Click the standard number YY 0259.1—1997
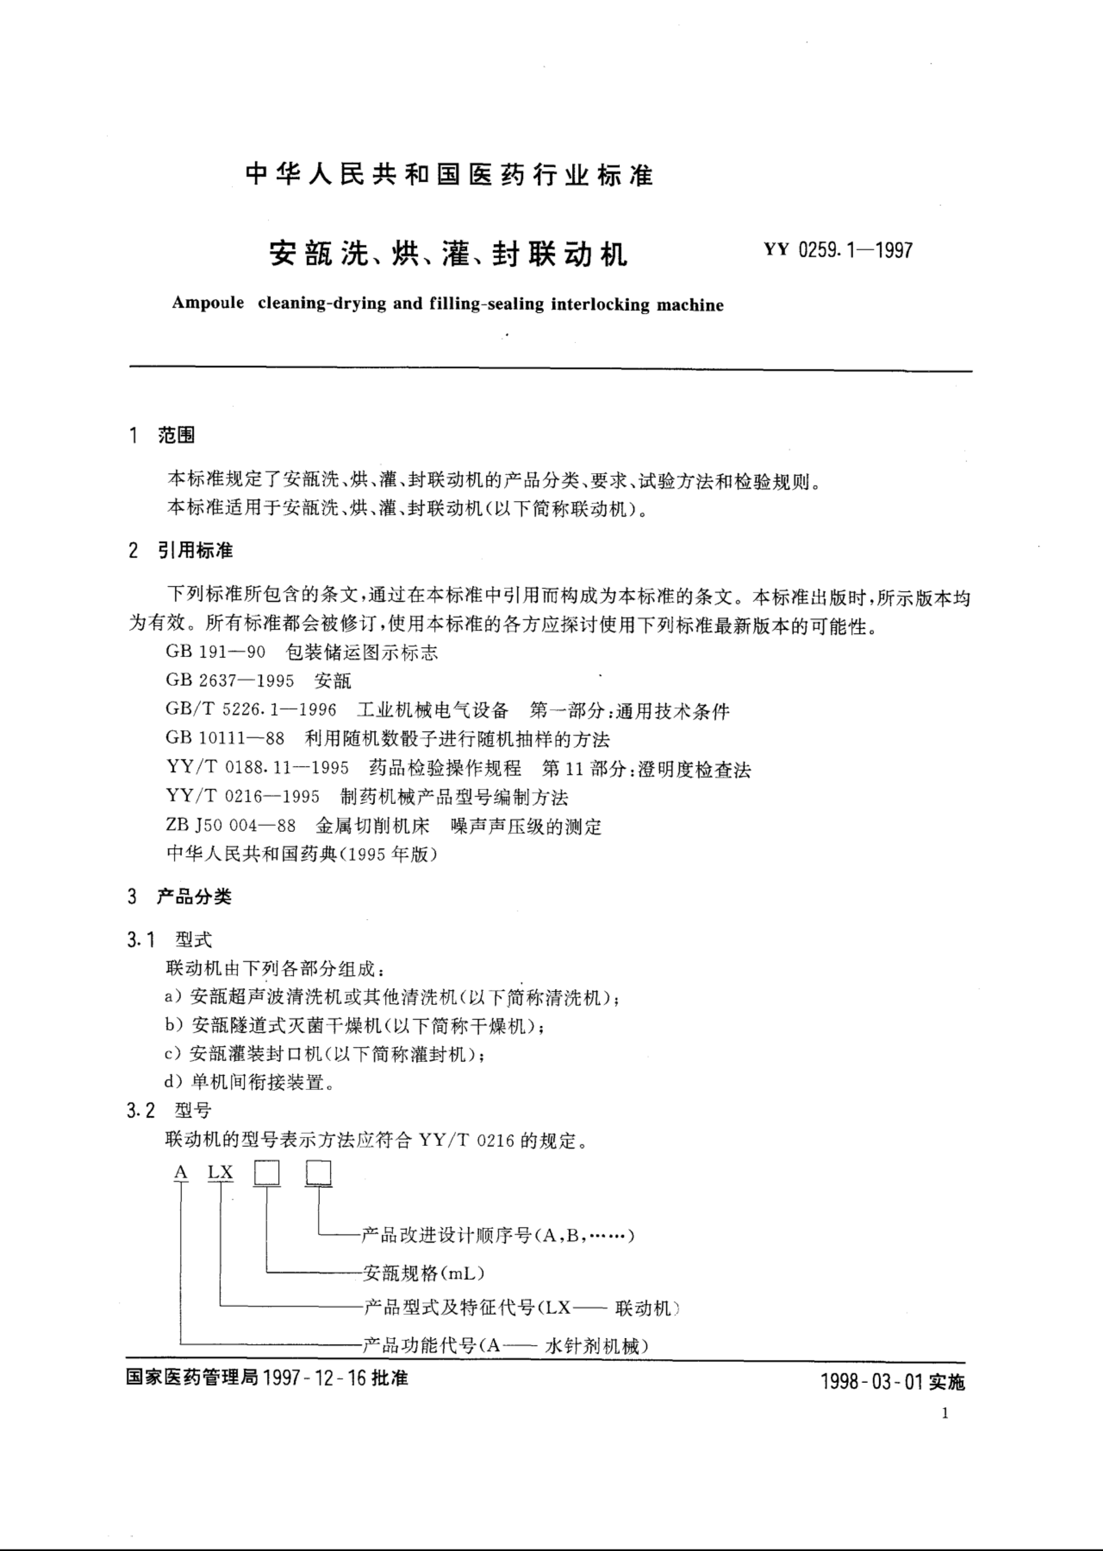click(x=838, y=250)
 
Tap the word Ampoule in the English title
click(x=208, y=303)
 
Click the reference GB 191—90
click(x=215, y=652)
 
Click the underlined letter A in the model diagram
click(x=181, y=1172)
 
